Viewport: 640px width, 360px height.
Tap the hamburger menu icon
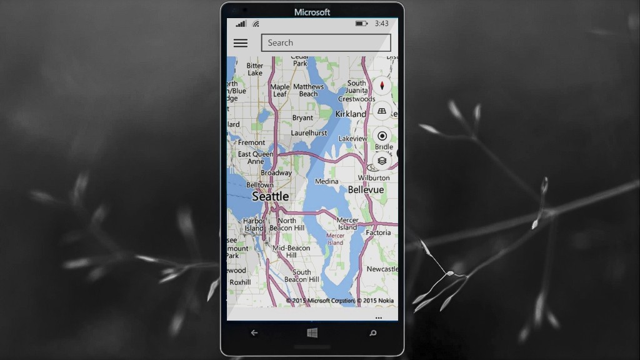pyautogui.click(x=240, y=43)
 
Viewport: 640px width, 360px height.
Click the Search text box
pyautogui.click(x=326, y=42)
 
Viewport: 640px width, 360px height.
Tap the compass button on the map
pyautogui.click(x=382, y=86)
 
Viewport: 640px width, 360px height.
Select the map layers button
pyautogui.click(x=382, y=161)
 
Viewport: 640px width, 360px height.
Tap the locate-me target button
pyautogui.click(x=382, y=136)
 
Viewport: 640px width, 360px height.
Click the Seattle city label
pyautogui.click(x=270, y=196)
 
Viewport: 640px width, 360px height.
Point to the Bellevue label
pyautogui.click(x=366, y=189)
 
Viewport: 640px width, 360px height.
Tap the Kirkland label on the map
pyautogui.click(x=351, y=114)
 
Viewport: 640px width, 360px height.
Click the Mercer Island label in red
pyautogui.click(x=335, y=239)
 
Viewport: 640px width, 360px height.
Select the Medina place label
pyautogui.click(x=326, y=181)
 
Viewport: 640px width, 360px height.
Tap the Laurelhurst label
pyautogui.click(x=309, y=133)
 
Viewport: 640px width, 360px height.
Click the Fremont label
pyautogui.click(x=251, y=142)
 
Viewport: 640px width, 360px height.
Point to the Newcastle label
pyautogui.click(x=382, y=269)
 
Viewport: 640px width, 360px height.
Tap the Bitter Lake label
pyautogui.click(x=254, y=69)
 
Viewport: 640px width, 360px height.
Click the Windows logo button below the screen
pyautogui.click(x=312, y=333)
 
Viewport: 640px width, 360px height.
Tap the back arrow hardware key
pyautogui.click(x=254, y=333)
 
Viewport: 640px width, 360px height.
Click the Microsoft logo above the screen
pyautogui.click(x=312, y=12)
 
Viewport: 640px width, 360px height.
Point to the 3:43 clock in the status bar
pyautogui.click(x=381, y=24)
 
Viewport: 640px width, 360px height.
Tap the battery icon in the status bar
pyautogui.click(x=361, y=24)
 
